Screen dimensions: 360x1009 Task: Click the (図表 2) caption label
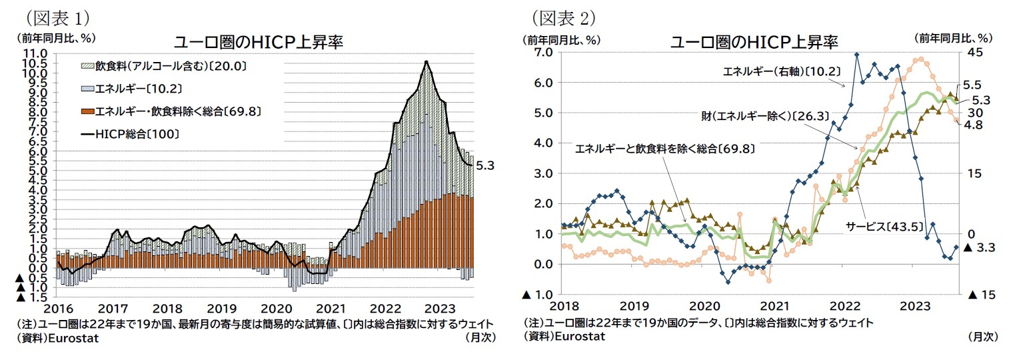coord(561,15)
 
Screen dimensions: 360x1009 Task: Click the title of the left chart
coord(258,42)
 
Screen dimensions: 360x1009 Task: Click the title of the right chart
coord(754,42)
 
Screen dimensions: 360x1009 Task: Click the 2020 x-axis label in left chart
coord(275,309)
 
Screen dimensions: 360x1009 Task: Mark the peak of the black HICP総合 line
coord(426,61)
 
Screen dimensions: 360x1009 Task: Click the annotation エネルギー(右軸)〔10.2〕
coord(781,71)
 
